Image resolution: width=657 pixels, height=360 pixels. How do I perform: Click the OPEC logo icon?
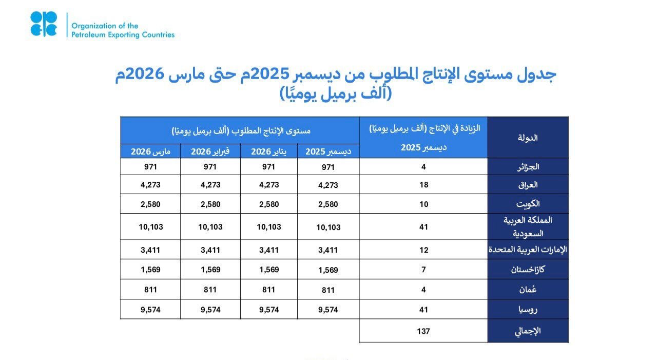coord(44,24)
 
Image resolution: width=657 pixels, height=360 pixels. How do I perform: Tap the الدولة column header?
coord(528,138)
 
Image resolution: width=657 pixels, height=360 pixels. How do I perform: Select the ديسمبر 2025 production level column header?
coord(328,151)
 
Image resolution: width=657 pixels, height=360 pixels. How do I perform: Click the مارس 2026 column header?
coord(150,151)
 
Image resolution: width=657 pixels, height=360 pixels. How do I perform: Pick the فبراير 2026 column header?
coord(210,151)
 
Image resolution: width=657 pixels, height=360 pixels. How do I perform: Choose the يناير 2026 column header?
coord(268,151)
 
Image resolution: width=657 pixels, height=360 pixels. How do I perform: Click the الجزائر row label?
coord(528,167)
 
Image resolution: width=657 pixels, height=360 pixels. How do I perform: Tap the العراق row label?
coord(528,185)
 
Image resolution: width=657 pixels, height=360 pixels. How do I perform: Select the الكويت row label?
coord(528,204)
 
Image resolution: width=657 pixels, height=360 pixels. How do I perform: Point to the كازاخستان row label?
coord(528,269)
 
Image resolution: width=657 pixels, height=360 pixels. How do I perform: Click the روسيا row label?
coord(528,310)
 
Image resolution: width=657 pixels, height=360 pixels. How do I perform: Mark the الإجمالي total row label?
coord(528,331)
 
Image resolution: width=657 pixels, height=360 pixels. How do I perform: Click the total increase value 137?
coord(423,331)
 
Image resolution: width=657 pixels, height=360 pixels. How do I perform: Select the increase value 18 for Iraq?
coord(423,185)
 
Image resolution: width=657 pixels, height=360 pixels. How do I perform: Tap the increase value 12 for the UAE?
coord(423,250)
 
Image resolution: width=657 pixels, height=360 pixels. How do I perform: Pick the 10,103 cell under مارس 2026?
coord(150,226)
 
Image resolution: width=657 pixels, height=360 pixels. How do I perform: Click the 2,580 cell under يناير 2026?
coord(268,204)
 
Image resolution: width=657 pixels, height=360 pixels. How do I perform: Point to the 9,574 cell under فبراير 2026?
coord(210,310)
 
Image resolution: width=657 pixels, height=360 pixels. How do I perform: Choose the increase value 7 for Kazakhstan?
coord(423,269)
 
